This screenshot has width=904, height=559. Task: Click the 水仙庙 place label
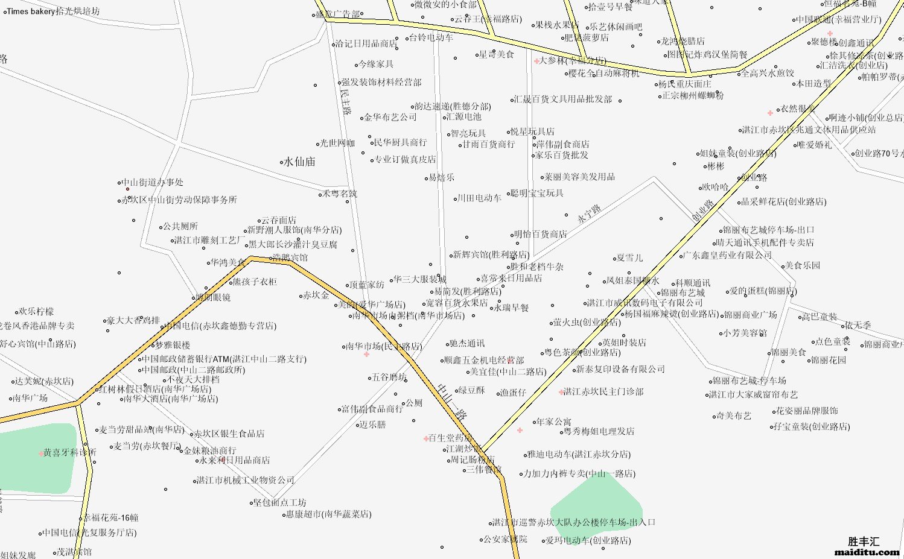(x=300, y=162)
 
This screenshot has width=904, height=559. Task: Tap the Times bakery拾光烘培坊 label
(x=53, y=11)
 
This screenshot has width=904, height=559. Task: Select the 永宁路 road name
(x=589, y=213)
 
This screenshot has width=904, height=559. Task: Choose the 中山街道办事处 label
(x=153, y=182)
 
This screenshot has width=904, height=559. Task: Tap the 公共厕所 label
(x=180, y=226)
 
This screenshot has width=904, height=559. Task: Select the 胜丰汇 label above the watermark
(x=864, y=542)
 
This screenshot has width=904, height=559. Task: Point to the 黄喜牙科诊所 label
(x=70, y=452)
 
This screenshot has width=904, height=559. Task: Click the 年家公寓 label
(x=553, y=422)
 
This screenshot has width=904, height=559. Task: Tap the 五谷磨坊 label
(x=389, y=377)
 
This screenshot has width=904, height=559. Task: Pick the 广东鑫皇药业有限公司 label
(x=728, y=255)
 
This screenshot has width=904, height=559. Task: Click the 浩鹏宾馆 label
(x=290, y=257)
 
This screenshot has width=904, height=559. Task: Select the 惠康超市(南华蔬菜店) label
(x=329, y=514)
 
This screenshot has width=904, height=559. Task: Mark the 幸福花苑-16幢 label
(x=111, y=517)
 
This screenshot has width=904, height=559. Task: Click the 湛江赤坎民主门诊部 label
(x=603, y=391)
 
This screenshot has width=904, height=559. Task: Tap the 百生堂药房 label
(x=450, y=438)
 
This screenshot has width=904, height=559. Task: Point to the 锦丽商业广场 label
(x=751, y=315)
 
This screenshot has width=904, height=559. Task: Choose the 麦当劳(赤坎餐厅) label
(x=147, y=446)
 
